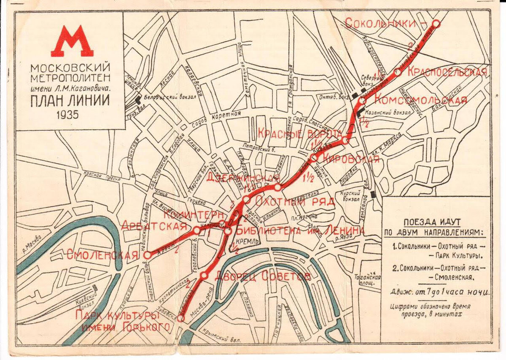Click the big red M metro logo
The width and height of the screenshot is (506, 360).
click(x=72, y=42)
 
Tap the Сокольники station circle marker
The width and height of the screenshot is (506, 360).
click(x=436, y=24)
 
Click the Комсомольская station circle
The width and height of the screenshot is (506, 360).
click(x=362, y=101)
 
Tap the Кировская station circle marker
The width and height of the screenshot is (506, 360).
click(x=314, y=158)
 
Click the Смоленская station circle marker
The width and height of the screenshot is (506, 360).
click(x=148, y=255)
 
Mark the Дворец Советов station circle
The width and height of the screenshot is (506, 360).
click(x=204, y=275)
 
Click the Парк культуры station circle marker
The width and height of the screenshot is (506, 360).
click(x=181, y=318)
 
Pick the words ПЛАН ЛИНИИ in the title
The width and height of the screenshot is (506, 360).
click(x=70, y=101)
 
